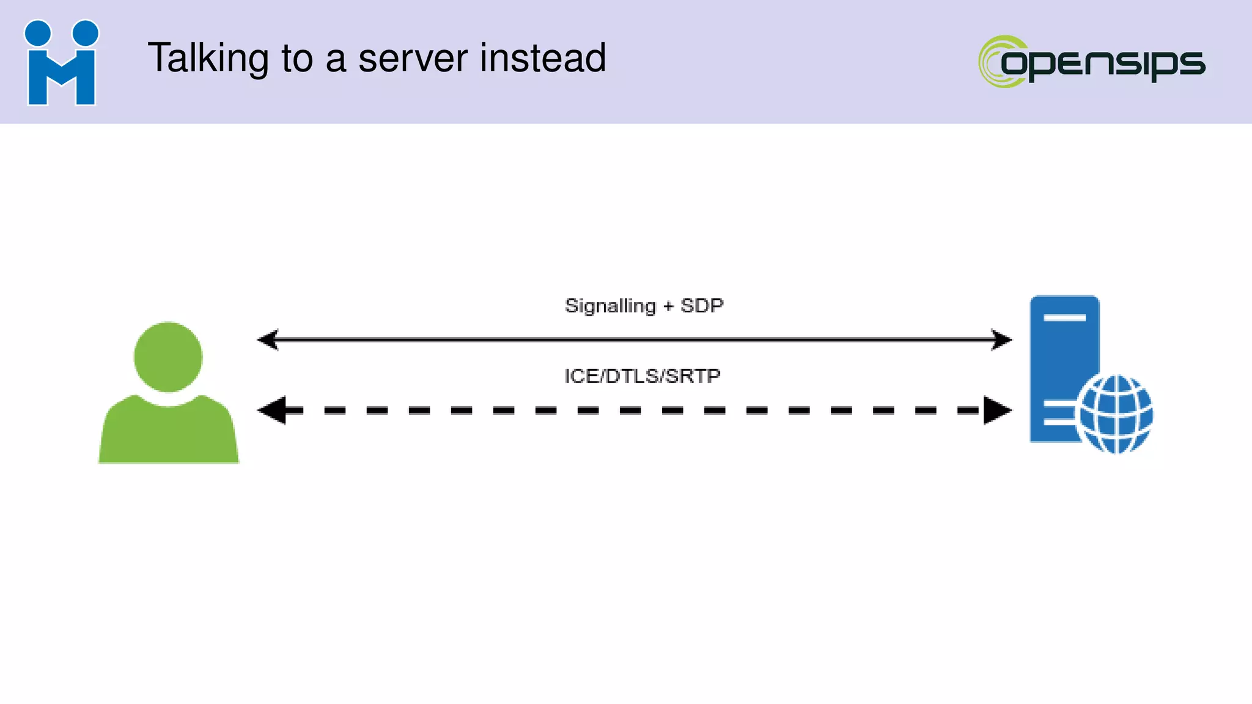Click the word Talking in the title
click(x=208, y=59)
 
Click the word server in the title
click(x=413, y=59)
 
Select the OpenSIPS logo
click(x=1092, y=62)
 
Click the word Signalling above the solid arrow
click(x=609, y=306)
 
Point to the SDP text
click(x=702, y=305)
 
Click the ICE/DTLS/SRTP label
click(x=642, y=376)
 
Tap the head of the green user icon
click(x=168, y=357)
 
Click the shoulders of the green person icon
click(x=168, y=434)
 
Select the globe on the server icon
click(x=1115, y=414)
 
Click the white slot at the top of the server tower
click(x=1064, y=318)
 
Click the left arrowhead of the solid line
click(x=268, y=339)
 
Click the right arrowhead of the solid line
click(x=1002, y=339)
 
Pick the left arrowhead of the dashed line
click(x=273, y=410)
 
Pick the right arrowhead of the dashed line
click(x=996, y=410)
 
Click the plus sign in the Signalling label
click(x=668, y=306)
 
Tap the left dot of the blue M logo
click(x=38, y=33)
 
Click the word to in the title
click(x=297, y=59)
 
